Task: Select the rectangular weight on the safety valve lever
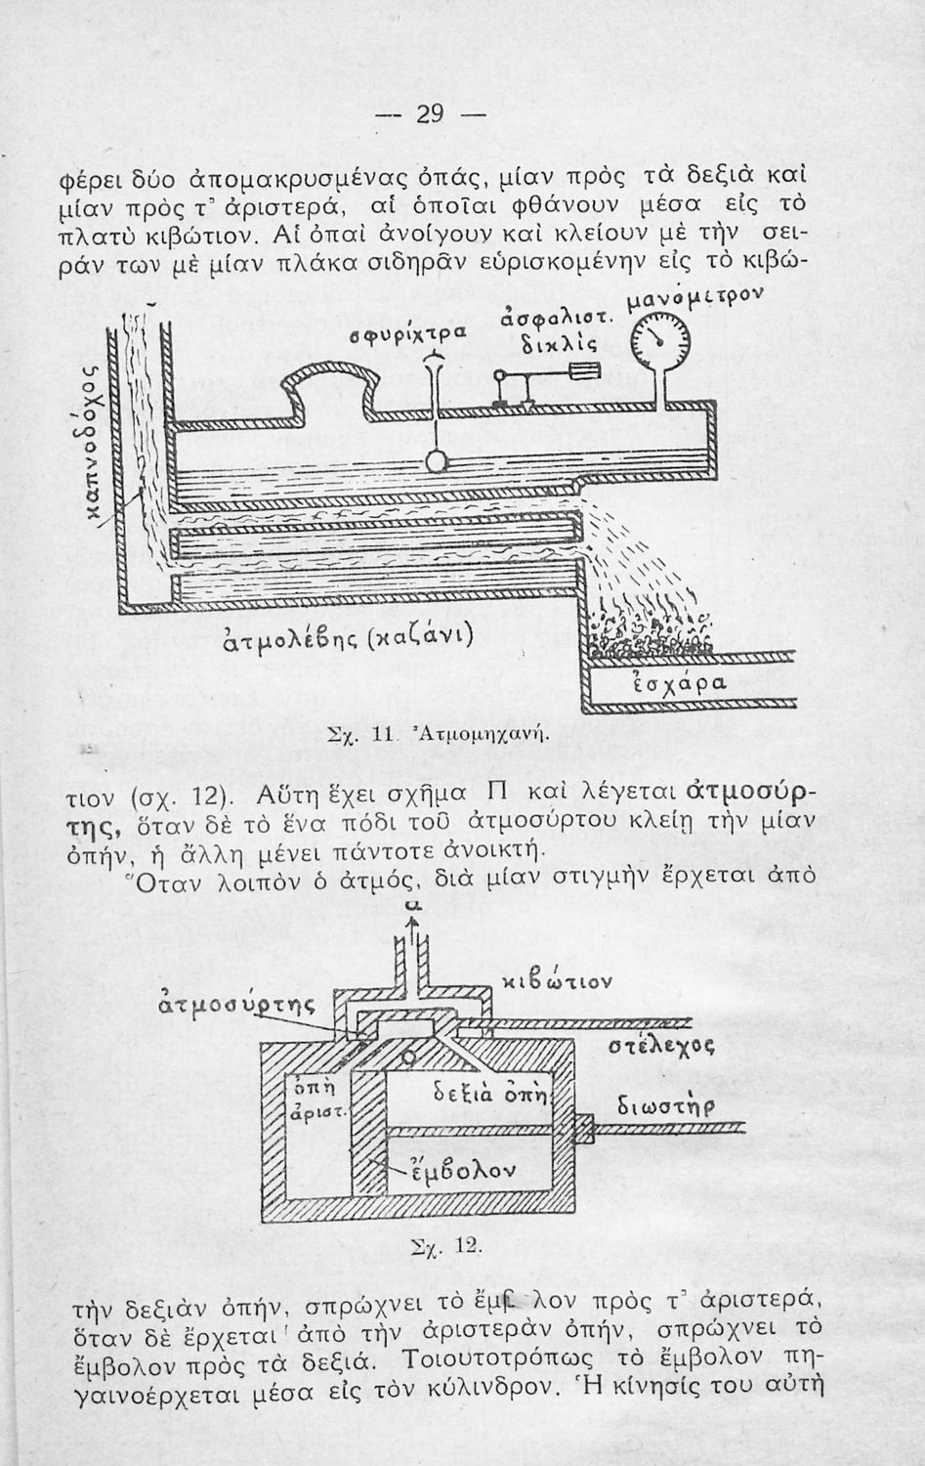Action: (584, 371)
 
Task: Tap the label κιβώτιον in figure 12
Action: (558, 979)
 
